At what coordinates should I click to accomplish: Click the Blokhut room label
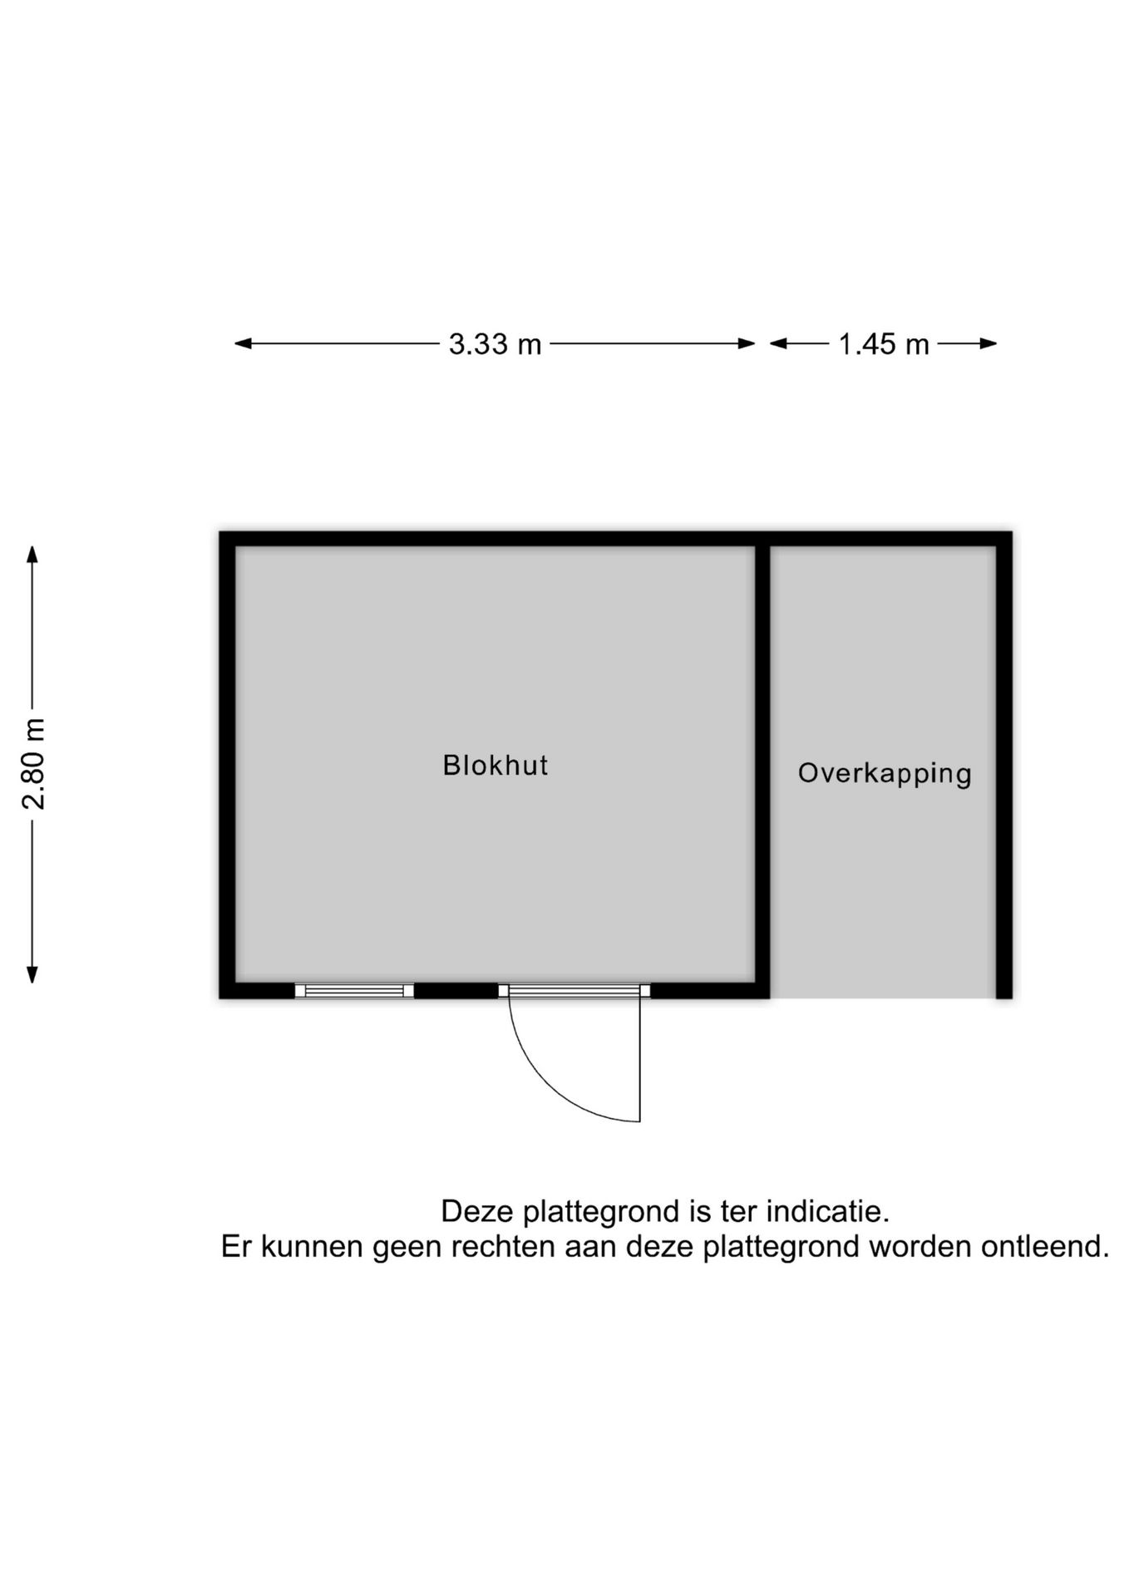tap(495, 765)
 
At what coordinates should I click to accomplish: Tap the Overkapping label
tap(885, 774)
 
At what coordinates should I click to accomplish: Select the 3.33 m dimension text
tap(495, 344)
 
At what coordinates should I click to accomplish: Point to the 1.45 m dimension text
tap(883, 344)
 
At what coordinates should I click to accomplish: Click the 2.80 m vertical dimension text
tap(34, 764)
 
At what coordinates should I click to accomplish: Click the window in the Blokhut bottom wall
tap(354, 990)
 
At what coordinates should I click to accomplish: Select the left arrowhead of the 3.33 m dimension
tap(243, 343)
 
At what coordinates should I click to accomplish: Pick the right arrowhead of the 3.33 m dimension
tap(747, 343)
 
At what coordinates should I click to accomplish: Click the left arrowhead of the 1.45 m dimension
tap(778, 343)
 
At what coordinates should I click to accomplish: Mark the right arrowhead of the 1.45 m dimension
tap(988, 343)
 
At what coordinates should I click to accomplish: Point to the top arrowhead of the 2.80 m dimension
tap(32, 554)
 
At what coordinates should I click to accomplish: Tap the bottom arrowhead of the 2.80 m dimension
tap(32, 974)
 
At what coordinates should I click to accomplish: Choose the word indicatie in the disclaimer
tap(827, 1212)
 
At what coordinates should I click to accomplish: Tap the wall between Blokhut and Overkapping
tap(762, 771)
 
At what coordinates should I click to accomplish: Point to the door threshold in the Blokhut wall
tap(574, 990)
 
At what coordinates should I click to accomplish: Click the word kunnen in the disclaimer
tap(316, 1247)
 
